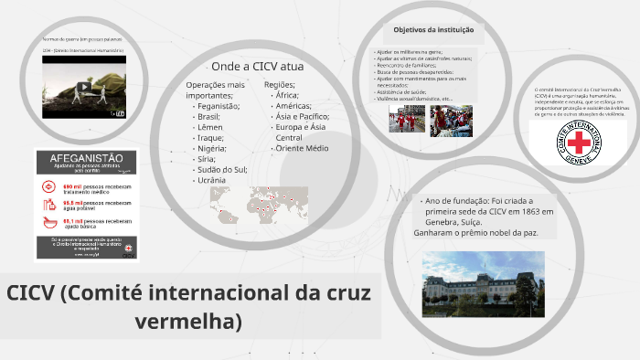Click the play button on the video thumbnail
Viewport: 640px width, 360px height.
coord(84,88)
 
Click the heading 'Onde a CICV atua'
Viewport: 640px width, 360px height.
coord(258,67)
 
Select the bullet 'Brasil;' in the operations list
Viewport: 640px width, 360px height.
coord(209,117)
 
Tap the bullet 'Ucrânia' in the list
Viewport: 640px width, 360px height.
coord(212,180)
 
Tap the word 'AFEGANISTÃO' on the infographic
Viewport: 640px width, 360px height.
coord(86,158)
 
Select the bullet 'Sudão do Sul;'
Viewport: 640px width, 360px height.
coord(222,169)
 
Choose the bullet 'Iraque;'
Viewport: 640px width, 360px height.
coord(212,138)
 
